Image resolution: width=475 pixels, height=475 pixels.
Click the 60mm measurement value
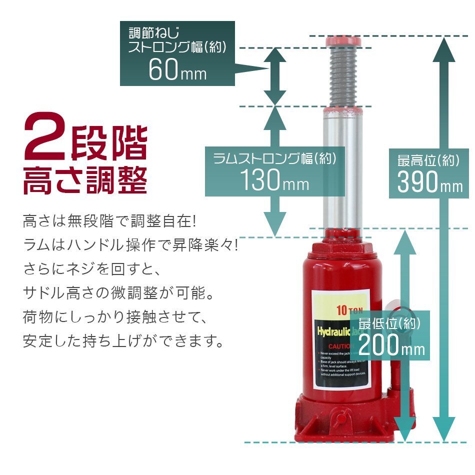(177, 70)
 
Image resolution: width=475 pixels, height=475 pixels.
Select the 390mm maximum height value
(429, 182)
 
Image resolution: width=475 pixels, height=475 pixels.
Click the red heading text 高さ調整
(85, 179)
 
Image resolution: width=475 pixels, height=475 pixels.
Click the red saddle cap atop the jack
(343, 41)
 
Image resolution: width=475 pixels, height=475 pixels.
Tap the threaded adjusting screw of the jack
(343, 75)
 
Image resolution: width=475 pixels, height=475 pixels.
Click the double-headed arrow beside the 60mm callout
(274, 76)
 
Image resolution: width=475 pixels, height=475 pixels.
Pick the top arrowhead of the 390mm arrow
(443, 50)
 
